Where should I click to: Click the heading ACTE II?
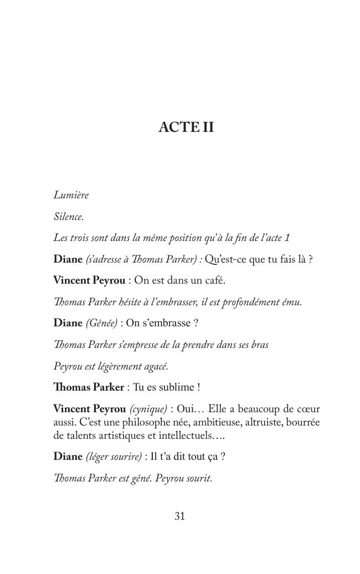click(x=186, y=127)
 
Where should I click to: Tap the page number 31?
click(x=179, y=516)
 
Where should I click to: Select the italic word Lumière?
click(x=71, y=195)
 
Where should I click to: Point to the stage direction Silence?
click(x=68, y=217)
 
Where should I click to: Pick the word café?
click(x=213, y=280)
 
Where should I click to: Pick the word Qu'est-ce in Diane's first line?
click(x=225, y=259)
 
